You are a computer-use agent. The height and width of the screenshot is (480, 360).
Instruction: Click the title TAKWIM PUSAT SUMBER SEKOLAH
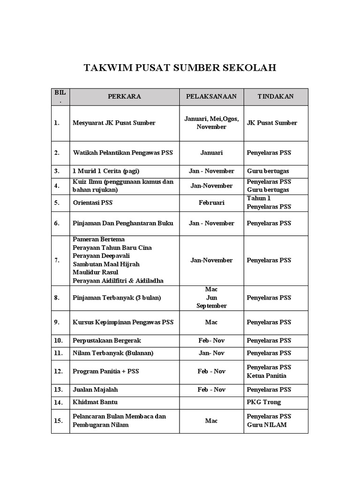pyautogui.click(x=180, y=68)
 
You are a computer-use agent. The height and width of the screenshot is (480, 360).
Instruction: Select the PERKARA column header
pyautogui.click(x=124, y=97)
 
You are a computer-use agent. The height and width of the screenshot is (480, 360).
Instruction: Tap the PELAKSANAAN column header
pyautogui.click(x=211, y=97)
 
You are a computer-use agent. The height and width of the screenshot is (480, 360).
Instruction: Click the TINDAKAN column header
pyautogui.click(x=276, y=97)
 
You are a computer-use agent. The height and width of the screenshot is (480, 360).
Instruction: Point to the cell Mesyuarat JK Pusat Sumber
pyautogui.click(x=114, y=123)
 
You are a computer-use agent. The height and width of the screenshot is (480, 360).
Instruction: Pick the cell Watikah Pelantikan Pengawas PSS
pyautogui.click(x=123, y=153)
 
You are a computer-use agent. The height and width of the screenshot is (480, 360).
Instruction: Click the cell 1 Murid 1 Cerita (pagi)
pyautogui.click(x=106, y=171)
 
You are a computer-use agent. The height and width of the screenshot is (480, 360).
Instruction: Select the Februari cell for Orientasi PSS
pyautogui.click(x=211, y=203)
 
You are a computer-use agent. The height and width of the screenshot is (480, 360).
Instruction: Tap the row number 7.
pyautogui.click(x=57, y=260)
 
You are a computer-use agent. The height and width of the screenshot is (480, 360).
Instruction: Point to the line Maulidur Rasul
pyautogui.click(x=95, y=272)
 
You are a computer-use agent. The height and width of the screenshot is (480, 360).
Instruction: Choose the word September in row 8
pyautogui.click(x=211, y=306)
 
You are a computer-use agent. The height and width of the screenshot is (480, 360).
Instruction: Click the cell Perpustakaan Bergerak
pyautogui.click(x=107, y=341)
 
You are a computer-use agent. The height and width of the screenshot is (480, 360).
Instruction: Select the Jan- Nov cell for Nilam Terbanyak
pyautogui.click(x=211, y=353)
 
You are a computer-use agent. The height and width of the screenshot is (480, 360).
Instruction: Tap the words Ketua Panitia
pyautogui.click(x=266, y=376)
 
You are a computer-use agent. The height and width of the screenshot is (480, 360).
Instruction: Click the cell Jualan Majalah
pyautogui.click(x=95, y=390)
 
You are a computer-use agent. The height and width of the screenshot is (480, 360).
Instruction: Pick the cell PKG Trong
pyautogui.click(x=264, y=402)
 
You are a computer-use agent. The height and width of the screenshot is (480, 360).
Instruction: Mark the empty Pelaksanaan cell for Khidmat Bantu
pyautogui.click(x=211, y=402)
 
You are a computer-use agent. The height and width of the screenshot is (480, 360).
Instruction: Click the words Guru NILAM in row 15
pyautogui.click(x=267, y=425)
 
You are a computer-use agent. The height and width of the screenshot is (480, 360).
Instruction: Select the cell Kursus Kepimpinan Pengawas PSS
pyautogui.click(x=123, y=322)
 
